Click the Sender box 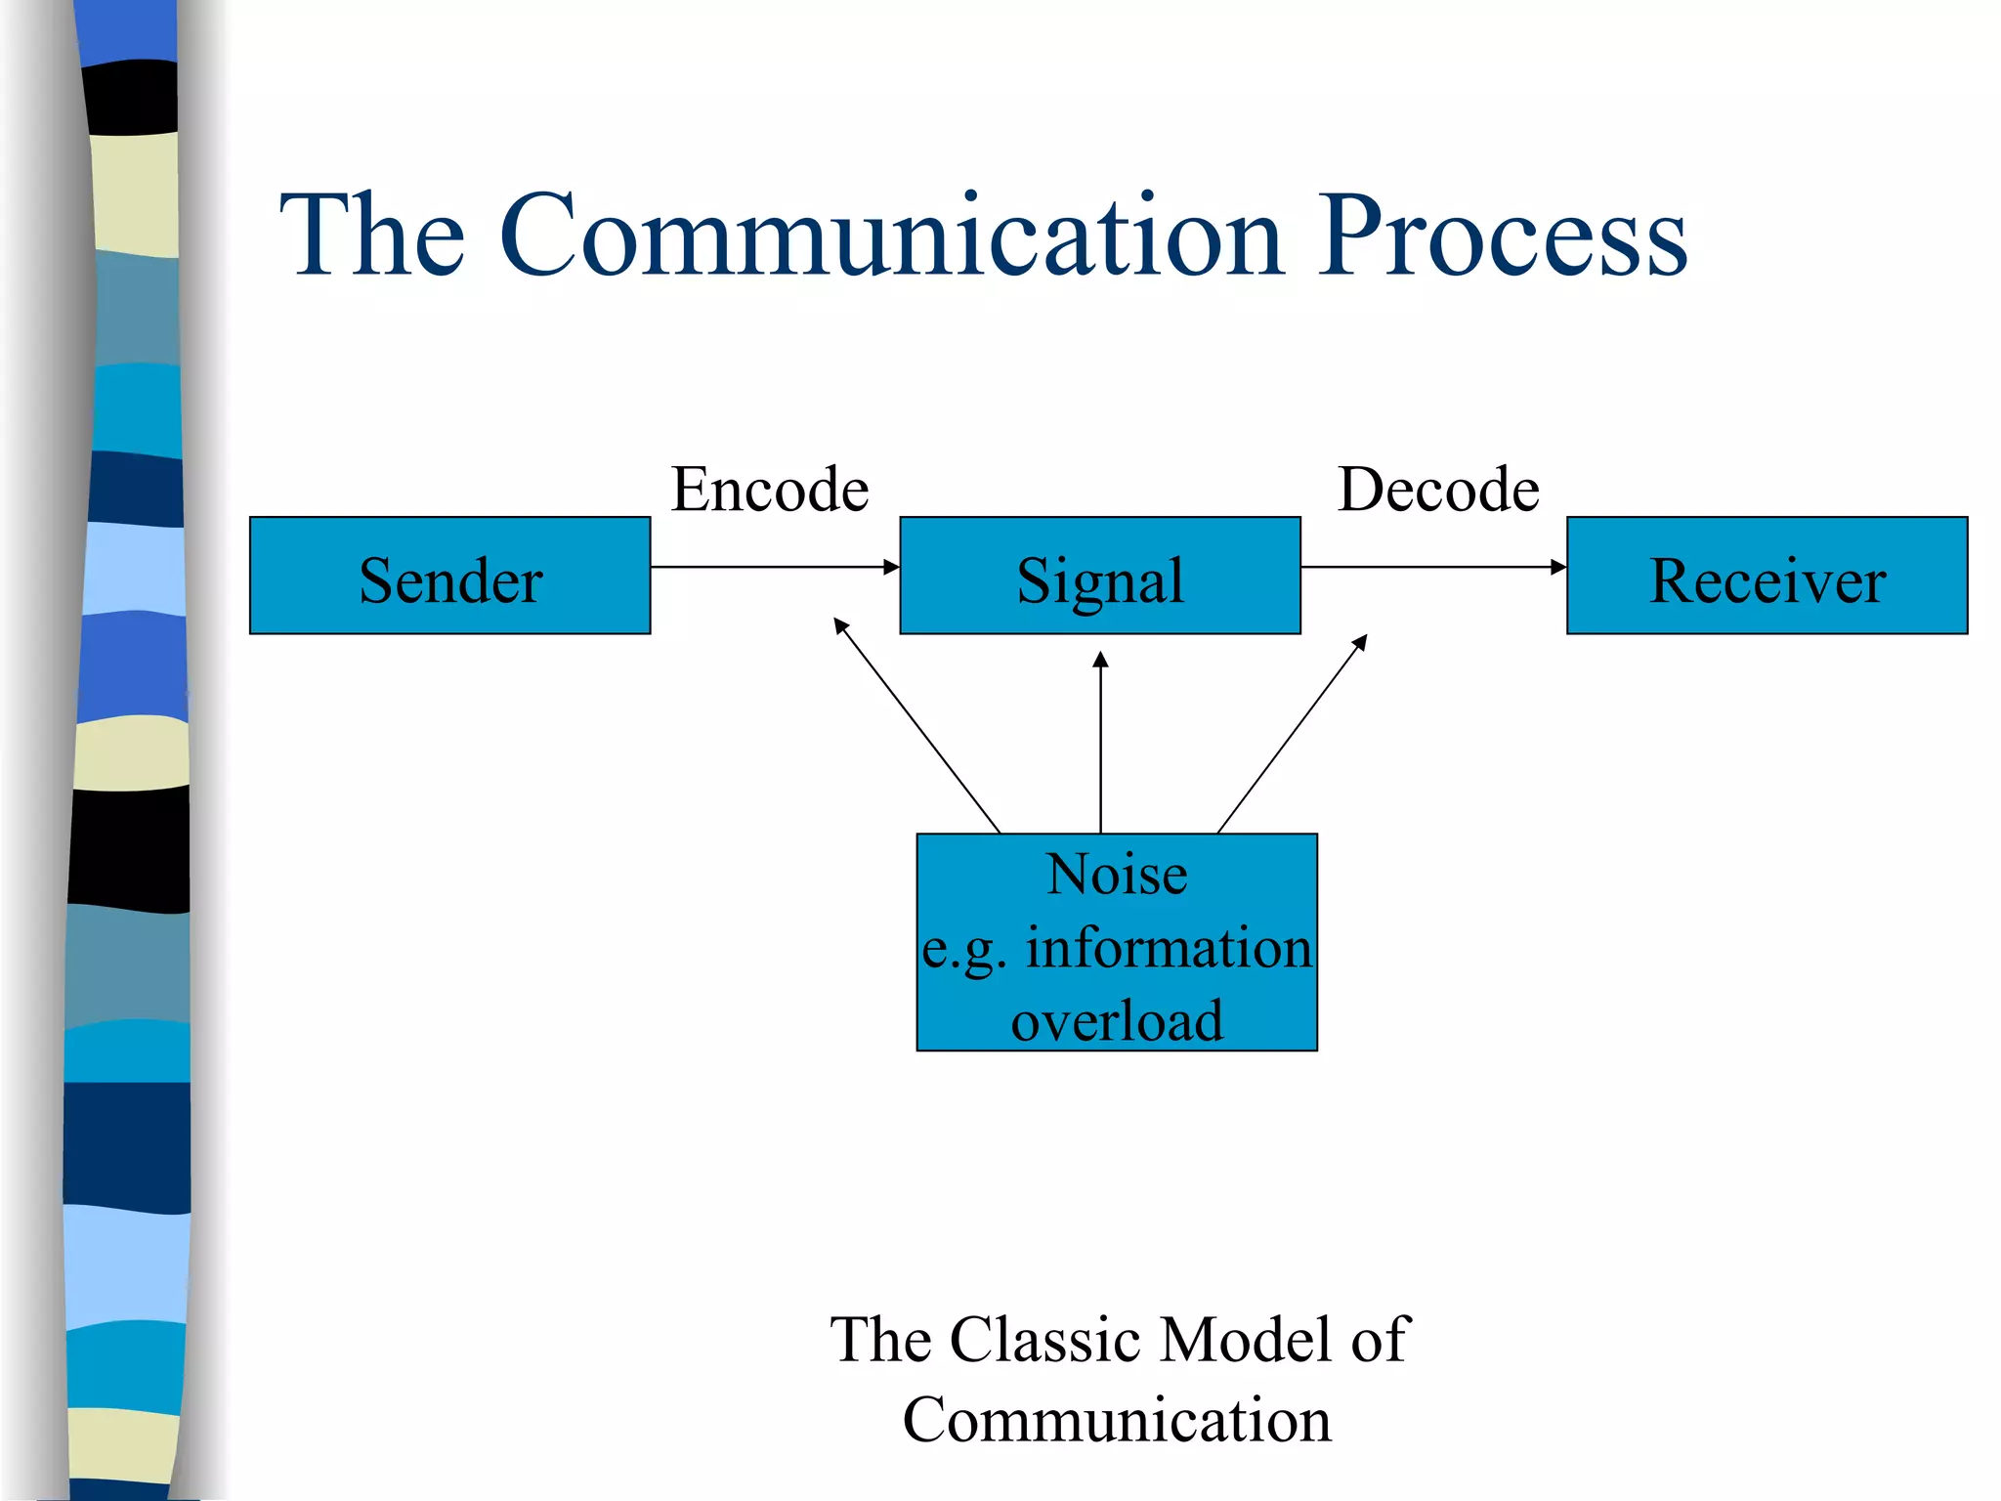point(450,577)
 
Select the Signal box point(1100,577)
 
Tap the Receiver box point(1767,577)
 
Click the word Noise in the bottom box point(1117,874)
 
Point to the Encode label point(770,489)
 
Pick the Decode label point(1438,489)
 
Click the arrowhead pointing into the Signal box point(891,567)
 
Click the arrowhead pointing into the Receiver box point(1558,567)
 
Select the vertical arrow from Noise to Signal point(1101,743)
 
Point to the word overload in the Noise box point(1117,1020)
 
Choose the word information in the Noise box point(1168,948)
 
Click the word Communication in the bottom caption point(1117,1420)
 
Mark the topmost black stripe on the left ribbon point(131,98)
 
